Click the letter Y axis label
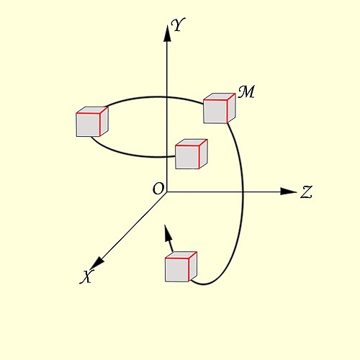click(x=178, y=24)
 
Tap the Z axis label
click(x=306, y=192)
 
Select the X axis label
click(x=86, y=276)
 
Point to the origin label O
click(x=158, y=189)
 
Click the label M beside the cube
click(x=246, y=91)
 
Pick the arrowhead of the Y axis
click(x=167, y=33)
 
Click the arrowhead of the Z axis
click(x=289, y=192)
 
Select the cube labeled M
click(x=219, y=108)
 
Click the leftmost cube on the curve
click(x=92, y=122)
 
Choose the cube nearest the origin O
click(x=192, y=154)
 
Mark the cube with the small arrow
click(x=181, y=266)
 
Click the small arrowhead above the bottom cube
click(x=168, y=233)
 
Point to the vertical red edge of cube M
click(x=228, y=111)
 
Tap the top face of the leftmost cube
click(x=92, y=110)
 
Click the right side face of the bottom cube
click(x=193, y=266)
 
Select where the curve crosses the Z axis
click(x=243, y=192)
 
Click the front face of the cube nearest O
click(x=187, y=157)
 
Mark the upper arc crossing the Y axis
click(x=167, y=97)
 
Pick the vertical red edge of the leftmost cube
click(x=100, y=125)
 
